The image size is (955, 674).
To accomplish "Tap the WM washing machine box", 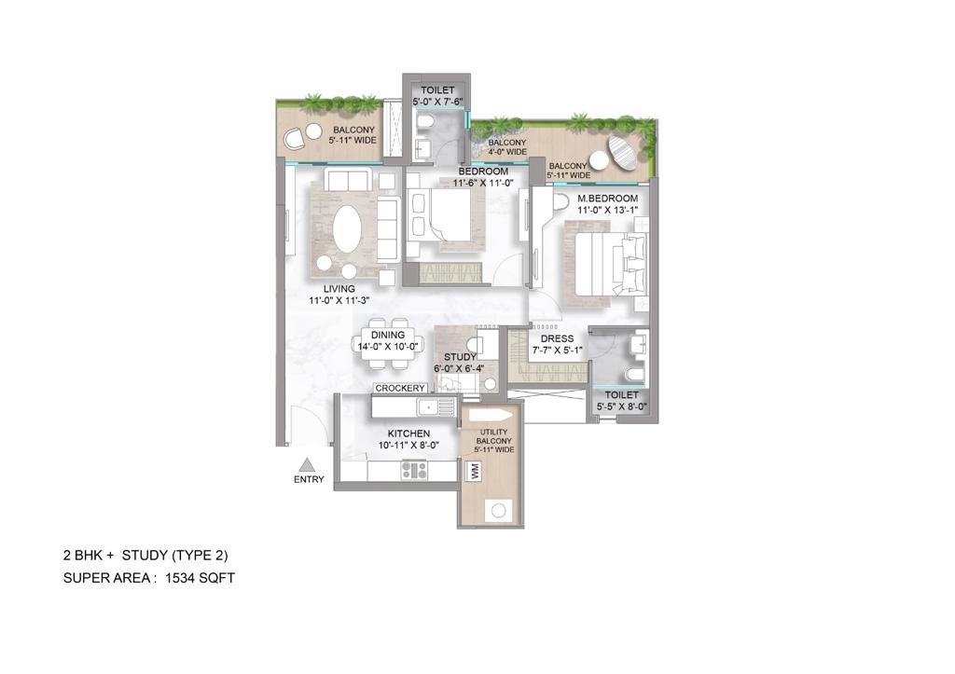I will point(475,474).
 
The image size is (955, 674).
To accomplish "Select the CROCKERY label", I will point(400,388).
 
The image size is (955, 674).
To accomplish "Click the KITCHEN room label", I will point(408,433).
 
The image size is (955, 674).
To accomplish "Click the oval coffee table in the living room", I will point(344,228).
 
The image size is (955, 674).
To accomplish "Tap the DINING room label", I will point(387,335).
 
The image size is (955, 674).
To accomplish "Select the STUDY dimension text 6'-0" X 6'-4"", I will point(460,368).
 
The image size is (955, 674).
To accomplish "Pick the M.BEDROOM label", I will point(607,199).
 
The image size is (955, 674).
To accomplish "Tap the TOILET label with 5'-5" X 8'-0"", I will point(621,395).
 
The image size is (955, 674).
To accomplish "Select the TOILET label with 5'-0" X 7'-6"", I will point(437,90).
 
